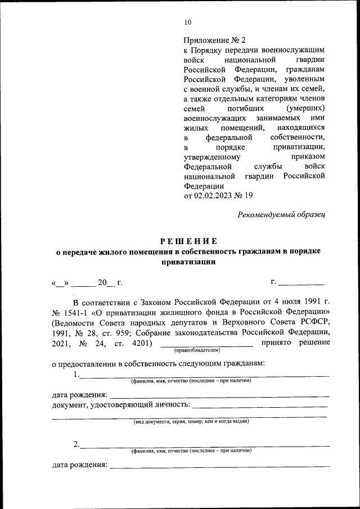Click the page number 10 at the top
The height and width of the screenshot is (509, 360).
pyautogui.click(x=187, y=22)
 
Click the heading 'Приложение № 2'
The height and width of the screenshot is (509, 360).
pyautogui.click(x=215, y=40)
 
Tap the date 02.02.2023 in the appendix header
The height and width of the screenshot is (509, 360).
pyautogui.click(x=215, y=196)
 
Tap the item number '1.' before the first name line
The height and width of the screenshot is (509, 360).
pyautogui.click(x=76, y=375)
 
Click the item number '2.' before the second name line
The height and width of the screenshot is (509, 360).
pyautogui.click(x=76, y=445)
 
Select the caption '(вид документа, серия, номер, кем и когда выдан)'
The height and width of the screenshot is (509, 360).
pyautogui.click(x=191, y=421)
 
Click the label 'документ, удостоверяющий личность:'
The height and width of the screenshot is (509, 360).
pyautogui.click(x=121, y=405)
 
